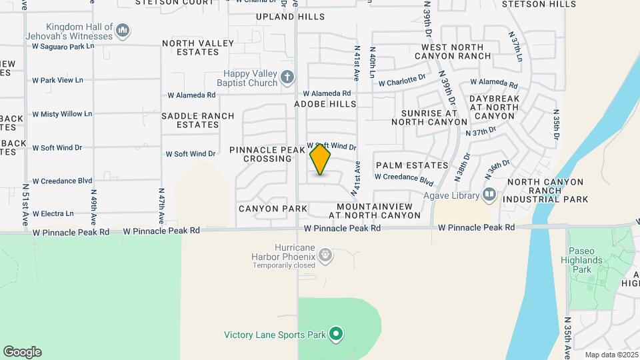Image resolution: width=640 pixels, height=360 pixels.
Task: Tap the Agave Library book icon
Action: (x=489, y=195)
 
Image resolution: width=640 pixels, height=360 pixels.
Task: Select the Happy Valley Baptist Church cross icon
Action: (x=287, y=78)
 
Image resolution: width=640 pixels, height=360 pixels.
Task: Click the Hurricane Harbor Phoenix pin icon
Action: (x=325, y=254)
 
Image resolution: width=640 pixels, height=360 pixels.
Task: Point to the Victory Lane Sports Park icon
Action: (x=336, y=334)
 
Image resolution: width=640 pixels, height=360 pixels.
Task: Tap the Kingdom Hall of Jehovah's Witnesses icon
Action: (x=123, y=30)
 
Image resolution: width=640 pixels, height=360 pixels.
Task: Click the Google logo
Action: (x=22, y=352)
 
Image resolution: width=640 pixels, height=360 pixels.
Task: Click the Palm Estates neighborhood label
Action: (x=412, y=165)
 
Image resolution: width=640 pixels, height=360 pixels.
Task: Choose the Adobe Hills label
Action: (x=326, y=105)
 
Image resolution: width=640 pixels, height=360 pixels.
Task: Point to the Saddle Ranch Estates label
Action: (x=198, y=120)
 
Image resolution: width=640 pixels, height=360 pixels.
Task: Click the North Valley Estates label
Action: (x=198, y=48)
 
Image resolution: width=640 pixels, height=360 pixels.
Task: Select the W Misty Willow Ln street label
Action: (x=62, y=114)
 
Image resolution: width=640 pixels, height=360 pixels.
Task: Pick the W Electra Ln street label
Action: (x=53, y=213)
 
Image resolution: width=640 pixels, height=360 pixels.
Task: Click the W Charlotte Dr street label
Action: (x=402, y=81)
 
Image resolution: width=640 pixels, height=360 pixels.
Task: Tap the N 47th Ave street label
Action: (x=161, y=204)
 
